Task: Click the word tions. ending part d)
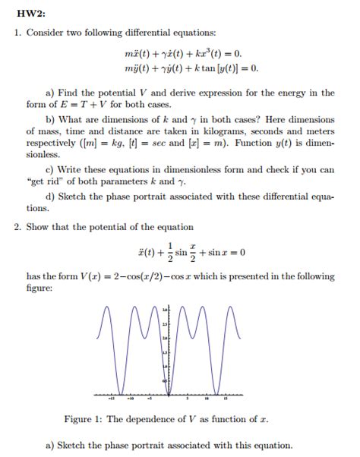coord(38,207)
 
